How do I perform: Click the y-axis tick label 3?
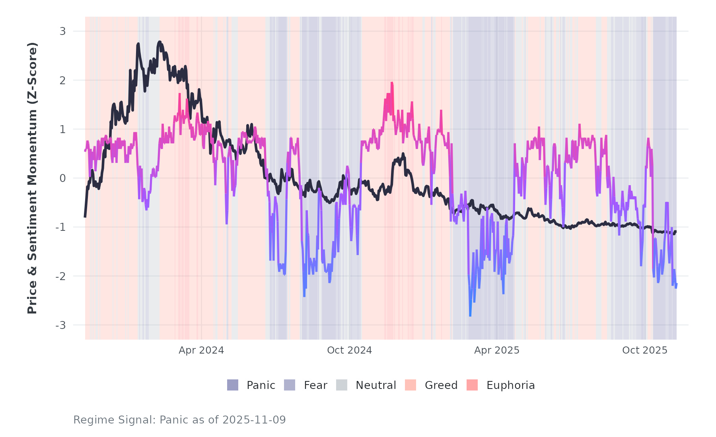(x=62, y=31)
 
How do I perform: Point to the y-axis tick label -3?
(x=60, y=325)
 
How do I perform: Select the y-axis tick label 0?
(x=62, y=178)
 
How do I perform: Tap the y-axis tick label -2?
(x=60, y=277)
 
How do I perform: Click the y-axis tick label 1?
(x=62, y=130)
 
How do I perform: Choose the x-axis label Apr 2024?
(x=201, y=350)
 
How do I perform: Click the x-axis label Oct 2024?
(x=349, y=350)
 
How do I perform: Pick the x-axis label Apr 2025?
(x=497, y=350)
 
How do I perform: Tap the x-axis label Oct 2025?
(x=645, y=350)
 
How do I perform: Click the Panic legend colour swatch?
(x=233, y=385)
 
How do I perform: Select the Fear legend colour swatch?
(x=290, y=385)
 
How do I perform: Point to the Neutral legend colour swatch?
(x=342, y=385)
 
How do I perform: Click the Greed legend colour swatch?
(x=411, y=385)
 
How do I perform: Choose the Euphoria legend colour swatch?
(x=472, y=385)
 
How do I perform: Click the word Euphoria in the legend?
(x=510, y=385)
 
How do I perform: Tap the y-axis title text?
(x=32, y=178)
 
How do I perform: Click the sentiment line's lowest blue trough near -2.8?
(x=470, y=315)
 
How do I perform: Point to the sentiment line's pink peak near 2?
(x=392, y=83)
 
